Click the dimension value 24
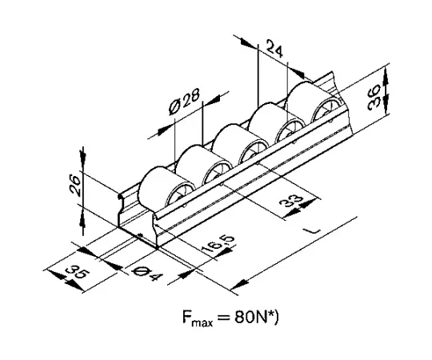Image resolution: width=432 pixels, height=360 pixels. pyautogui.click(x=275, y=49)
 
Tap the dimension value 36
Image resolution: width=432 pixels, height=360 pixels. pyautogui.click(x=374, y=97)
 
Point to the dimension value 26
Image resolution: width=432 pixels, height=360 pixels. pyautogui.click(x=75, y=185)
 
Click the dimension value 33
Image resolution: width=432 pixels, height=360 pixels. pyautogui.click(x=291, y=201)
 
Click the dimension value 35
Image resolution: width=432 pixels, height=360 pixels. pyautogui.click(x=78, y=273)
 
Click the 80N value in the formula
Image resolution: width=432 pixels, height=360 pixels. pyautogui.click(x=250, y=318)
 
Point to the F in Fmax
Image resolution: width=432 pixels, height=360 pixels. pyautogui.click(x=186, y=318)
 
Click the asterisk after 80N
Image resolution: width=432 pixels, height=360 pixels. pyautogui.click(x=270, y=314)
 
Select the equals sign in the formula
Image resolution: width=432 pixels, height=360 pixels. pyautogui.click(x=224, y=318)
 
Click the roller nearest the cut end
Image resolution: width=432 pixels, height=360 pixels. pyautogui.click(x=166, y=187)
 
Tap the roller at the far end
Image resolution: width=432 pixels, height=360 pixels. pyautogui.click(x=314, y=102)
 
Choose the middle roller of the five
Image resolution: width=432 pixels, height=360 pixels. pyautogui.click(x=240, y=144)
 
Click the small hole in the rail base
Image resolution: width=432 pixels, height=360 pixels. pyautogui.click(x=140, y=235)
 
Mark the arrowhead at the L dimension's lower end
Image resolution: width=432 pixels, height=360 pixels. pyautogui.click(x=239, y=284)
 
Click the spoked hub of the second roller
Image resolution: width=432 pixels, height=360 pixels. pyautogui.click(x=216, y=174)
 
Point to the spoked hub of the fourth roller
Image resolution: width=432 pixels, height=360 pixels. pyautogui.click(x=290, y=131)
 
